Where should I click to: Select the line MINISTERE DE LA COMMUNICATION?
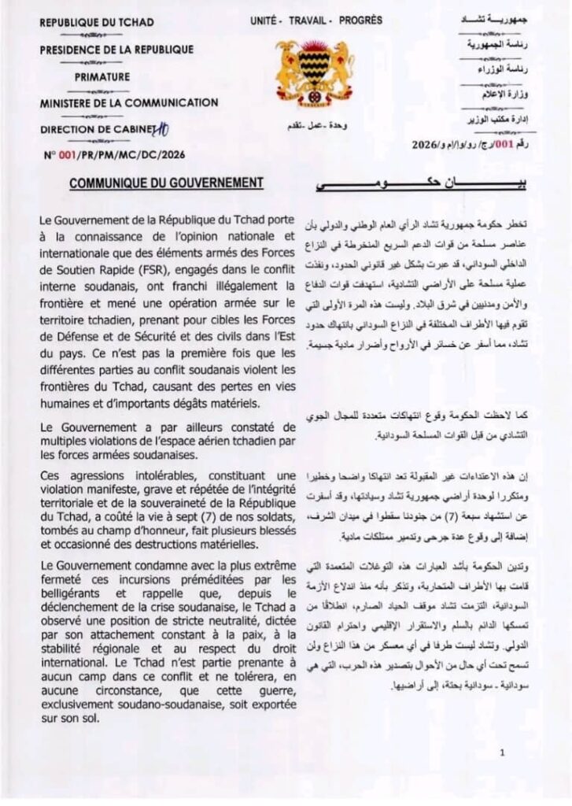click(128, 102)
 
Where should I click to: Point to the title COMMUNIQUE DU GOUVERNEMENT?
click(165, 183)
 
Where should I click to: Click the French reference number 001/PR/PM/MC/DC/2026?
click(126, 155)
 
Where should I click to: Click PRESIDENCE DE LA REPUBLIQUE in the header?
click(116, 50)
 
